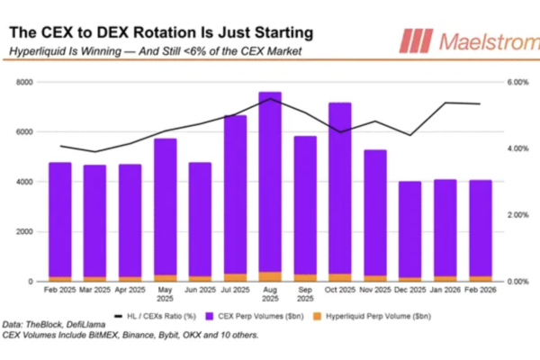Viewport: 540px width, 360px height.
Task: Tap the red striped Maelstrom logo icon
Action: pyautogui.click(x=415, y=41)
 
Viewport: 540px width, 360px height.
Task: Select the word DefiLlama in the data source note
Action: pyautogui.click(x=93, y=325)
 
